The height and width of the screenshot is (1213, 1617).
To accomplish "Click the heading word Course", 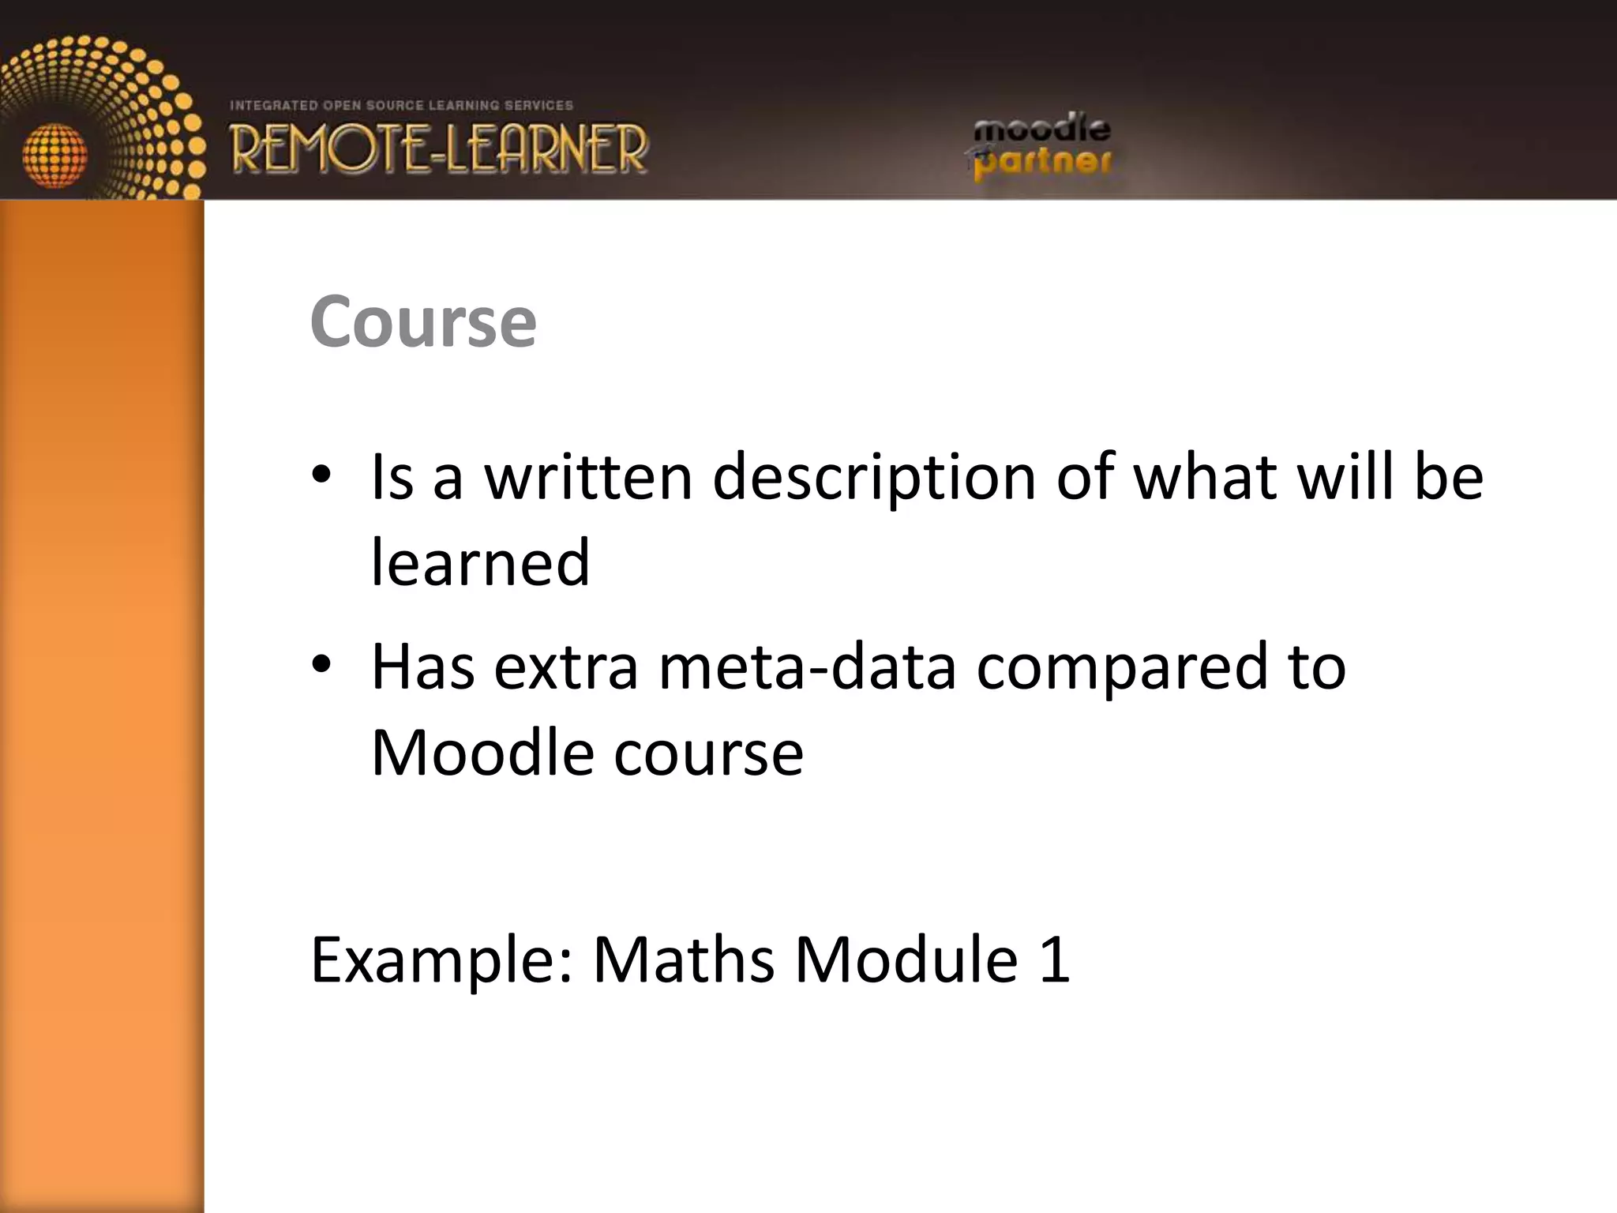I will coord(423,321).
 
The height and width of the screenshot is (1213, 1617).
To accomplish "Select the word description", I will coord(874,479).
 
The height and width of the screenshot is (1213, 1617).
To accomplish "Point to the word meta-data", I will coord(807,667).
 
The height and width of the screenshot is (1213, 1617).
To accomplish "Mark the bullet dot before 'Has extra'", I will coord(321,665).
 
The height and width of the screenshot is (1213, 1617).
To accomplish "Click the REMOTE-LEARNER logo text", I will coord(439,148).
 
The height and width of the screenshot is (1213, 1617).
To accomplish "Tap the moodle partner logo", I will coord(1041,146).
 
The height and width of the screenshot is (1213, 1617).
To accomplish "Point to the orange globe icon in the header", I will coord(54,155).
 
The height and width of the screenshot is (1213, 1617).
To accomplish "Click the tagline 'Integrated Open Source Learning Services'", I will coord(401,105).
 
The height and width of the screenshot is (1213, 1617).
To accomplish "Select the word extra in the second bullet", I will coord(565,668).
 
